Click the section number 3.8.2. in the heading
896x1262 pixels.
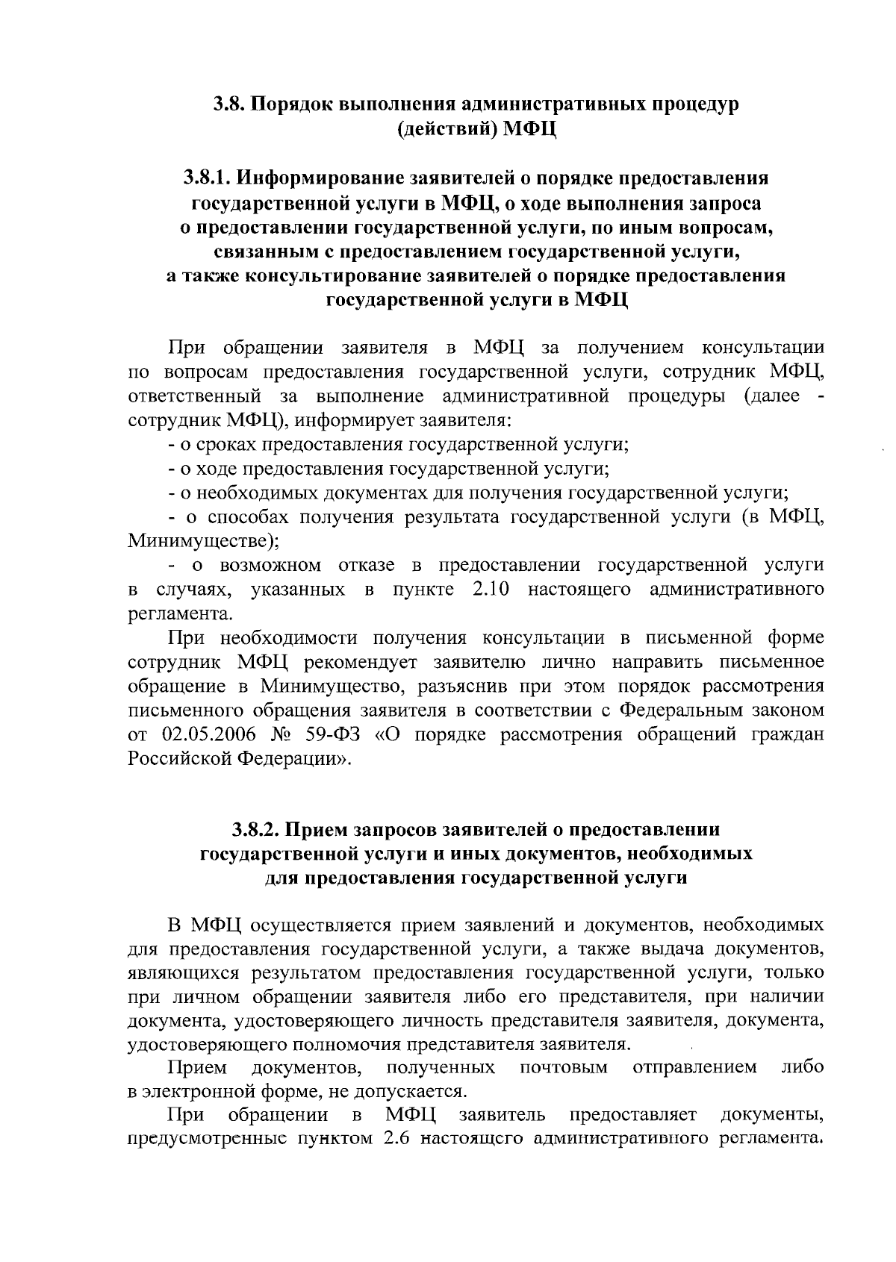256,829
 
